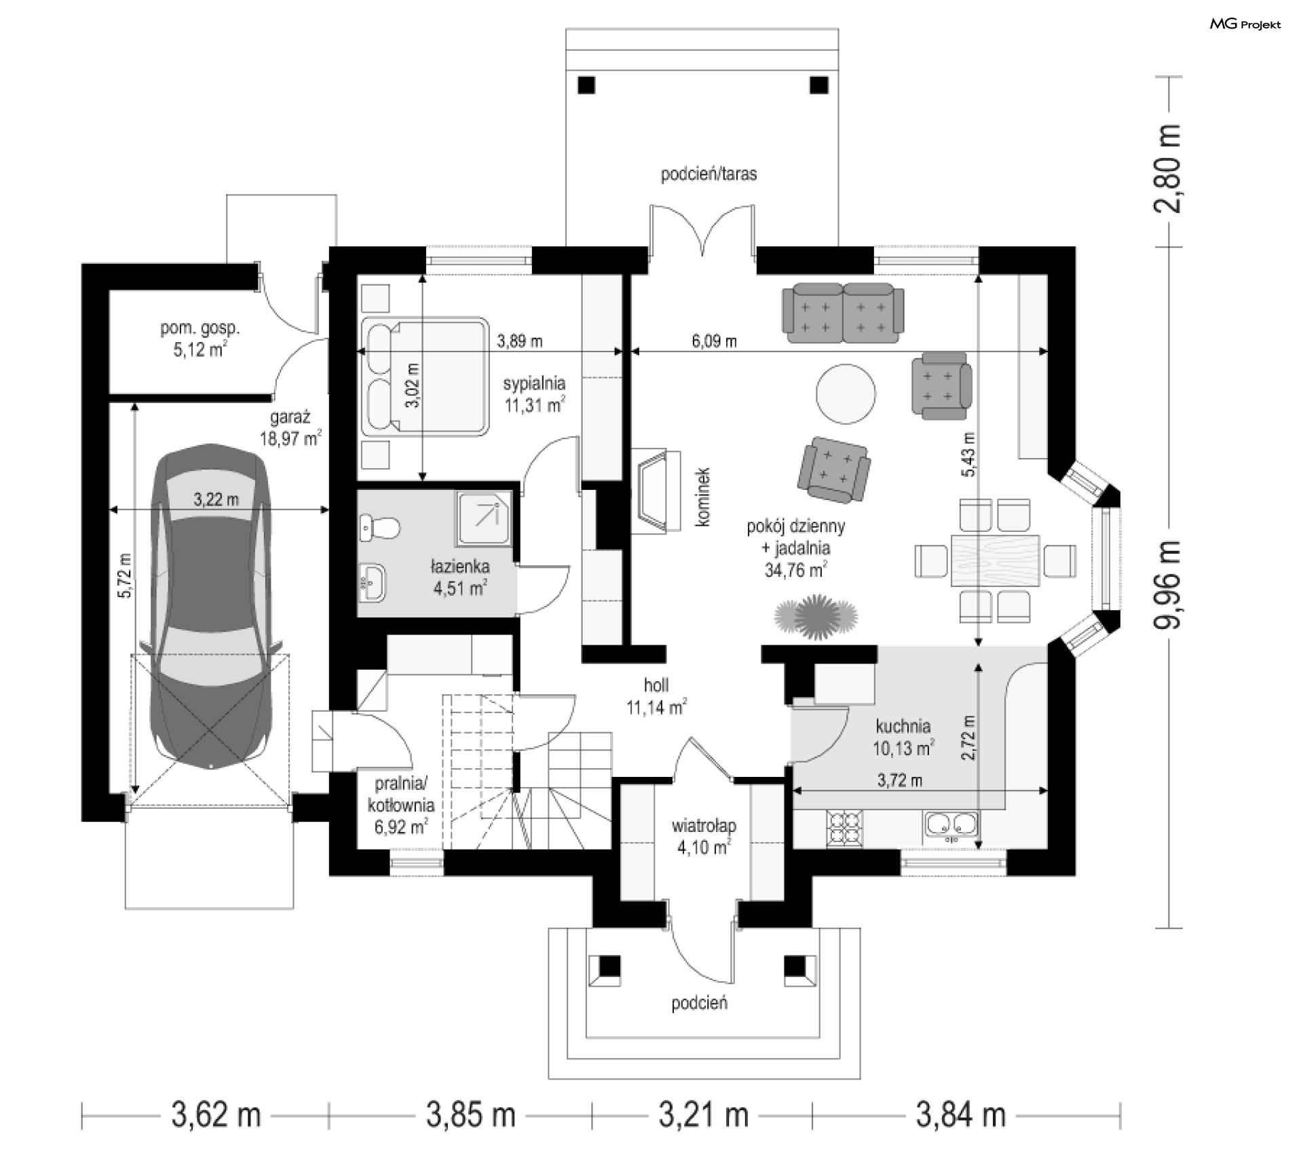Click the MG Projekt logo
coord(1245,24)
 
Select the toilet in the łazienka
coord(380,528)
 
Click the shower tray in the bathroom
coord(484,519)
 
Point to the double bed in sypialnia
coord(425,376)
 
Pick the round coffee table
coord(846,393)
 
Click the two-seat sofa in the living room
coord(843,313)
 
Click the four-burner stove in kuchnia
coord(845,829)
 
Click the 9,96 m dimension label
coord(1169,585)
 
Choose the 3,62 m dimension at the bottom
coord(216,1115)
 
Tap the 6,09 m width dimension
coord(714,341)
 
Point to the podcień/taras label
coord(709,174)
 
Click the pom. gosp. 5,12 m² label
coord(200,339)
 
